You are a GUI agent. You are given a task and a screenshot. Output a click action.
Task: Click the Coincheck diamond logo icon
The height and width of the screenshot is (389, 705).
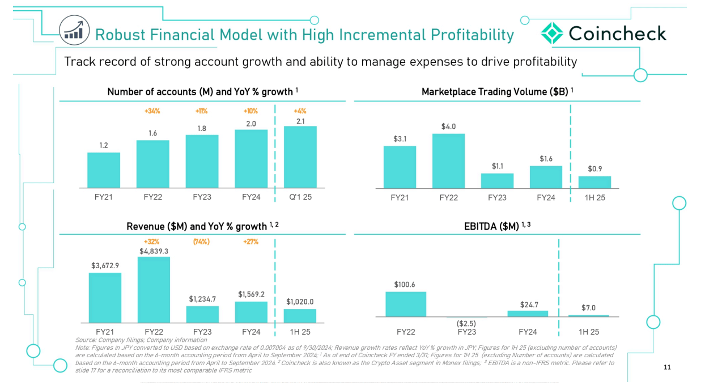551,33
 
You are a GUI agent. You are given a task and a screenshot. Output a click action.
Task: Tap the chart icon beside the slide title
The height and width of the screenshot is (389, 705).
74,31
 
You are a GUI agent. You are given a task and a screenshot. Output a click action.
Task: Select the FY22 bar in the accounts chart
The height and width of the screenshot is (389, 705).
152,164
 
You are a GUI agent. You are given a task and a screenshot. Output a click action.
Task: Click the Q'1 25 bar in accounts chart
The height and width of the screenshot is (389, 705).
300,157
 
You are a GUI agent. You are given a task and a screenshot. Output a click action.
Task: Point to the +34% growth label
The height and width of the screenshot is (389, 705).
152,111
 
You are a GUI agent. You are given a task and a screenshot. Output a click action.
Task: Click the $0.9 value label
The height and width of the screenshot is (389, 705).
594,168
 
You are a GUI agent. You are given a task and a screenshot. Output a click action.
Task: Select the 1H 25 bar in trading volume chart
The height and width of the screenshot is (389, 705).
594,182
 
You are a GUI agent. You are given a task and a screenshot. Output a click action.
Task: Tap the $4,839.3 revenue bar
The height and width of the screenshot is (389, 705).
154,290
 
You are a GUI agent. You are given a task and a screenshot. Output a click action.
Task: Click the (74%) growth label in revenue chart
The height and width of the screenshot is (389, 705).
201,242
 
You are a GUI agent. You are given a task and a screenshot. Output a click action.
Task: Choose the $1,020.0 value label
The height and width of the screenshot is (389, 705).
300,302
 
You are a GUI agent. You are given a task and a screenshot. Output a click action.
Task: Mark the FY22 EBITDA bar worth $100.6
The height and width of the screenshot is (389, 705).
406,304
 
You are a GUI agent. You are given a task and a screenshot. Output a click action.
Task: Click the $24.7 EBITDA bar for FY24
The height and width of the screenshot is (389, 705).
528,314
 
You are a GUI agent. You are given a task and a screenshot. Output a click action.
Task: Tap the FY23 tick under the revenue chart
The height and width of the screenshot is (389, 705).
202,332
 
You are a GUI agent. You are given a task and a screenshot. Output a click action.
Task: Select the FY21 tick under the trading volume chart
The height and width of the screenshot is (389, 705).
400,197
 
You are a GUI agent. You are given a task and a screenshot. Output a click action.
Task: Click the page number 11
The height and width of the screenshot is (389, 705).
667,367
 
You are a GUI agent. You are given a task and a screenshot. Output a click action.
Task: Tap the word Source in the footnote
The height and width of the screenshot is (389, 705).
84,340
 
